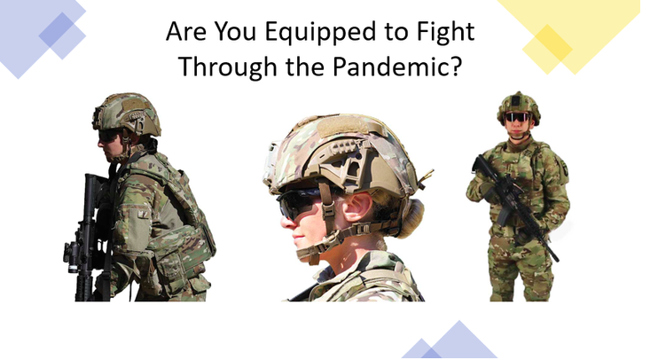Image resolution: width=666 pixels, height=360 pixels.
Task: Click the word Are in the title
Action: tap(186, 32)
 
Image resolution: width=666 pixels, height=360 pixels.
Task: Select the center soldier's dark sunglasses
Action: tap(299, 202)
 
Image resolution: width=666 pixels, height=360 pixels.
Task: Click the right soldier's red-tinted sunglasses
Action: tap(517, 117)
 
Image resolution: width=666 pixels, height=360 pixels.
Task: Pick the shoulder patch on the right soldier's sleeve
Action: tap(565, 169)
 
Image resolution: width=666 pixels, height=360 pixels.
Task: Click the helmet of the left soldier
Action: tap(127, 113)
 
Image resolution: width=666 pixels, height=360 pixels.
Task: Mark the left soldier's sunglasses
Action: tap(109, 136)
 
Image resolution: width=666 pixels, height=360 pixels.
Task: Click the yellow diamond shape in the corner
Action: tap(547, 50)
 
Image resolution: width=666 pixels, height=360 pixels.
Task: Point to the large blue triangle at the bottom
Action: tap(459, 340)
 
